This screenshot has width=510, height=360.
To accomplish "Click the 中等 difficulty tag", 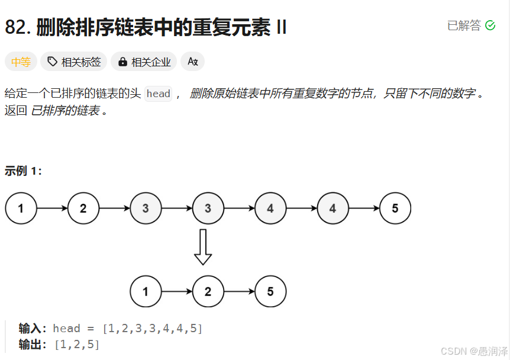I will click(21, 62).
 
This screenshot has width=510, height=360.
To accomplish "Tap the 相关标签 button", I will click(74, 62).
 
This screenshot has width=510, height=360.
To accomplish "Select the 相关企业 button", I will click(144, 62).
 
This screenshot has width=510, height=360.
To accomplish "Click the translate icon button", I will click(192, 62).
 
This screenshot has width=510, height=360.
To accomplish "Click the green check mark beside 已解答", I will click(490, 25).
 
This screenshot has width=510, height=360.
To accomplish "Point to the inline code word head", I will click(158, 94).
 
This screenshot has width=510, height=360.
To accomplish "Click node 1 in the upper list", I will click(21, 208).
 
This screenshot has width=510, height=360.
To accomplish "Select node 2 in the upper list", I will click(83, 208).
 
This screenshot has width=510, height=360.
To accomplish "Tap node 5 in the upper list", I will click(395, 208).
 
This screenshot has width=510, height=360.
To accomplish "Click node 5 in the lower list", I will click(270, 291).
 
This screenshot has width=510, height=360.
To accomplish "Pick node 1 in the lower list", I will click(146, 291).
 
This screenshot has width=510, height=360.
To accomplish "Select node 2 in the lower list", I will click(208, 291).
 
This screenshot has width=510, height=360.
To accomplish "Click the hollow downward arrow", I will click(203, 247).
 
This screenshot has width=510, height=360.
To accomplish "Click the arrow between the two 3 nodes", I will click(176, 208).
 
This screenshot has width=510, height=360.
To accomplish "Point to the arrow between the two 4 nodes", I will click(301, 208).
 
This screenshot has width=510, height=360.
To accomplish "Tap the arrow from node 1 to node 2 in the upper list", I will click(52, 208).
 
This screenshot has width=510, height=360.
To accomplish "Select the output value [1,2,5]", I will click(77, 344).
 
